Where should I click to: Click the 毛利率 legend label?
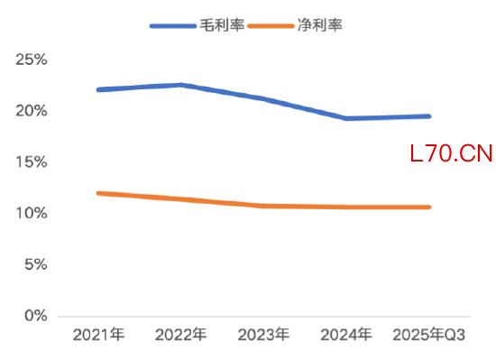tap(217, 26)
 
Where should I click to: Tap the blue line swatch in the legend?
tap(172, 26)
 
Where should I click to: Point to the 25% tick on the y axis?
tap(32, 60)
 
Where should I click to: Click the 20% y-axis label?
tap(32, 111)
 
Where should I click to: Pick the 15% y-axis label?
tap(32, 162)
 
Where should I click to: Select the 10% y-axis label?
tap(32, 213)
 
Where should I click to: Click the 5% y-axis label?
tap(35, 264)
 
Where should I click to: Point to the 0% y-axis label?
tap(35, 316)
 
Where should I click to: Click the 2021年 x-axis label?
tap(98, 336)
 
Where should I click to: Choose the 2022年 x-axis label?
tap(181, 336)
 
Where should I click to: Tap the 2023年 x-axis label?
tap(263, 336)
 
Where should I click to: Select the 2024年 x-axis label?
tap(346, 336)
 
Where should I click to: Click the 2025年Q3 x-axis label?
tap(429, 336)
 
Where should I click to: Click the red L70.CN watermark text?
tap(451, 154)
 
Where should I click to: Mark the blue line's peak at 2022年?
tap(181, 85)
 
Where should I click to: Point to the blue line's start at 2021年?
tap(98, 89)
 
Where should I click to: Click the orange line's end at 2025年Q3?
tap(429, 208)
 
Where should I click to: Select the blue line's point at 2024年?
tap(346, 118)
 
